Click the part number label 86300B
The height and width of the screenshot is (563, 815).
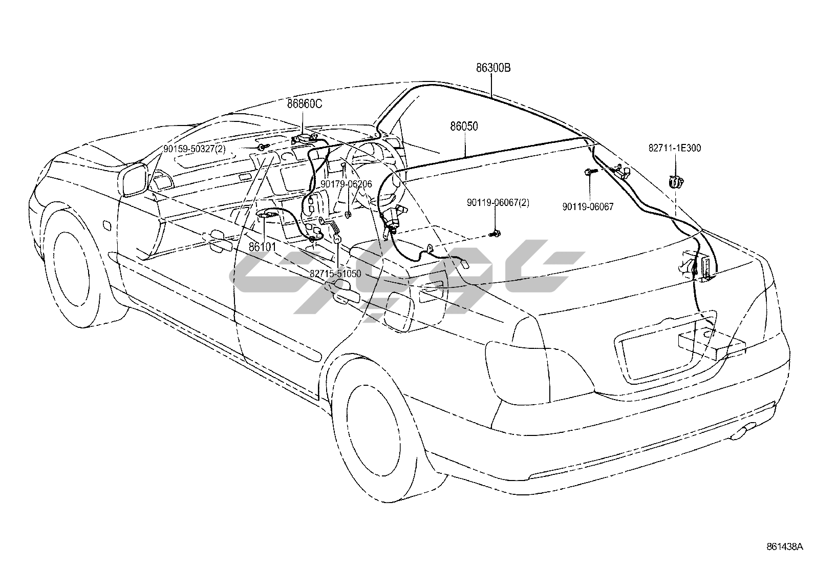tap(493, 68)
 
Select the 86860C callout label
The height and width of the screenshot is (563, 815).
tap(304, 104)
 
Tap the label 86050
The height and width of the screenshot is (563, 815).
tap(464, 126)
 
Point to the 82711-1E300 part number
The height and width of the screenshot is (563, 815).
tap(675, 148)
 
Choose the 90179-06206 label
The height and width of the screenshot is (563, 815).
tap(346, 184)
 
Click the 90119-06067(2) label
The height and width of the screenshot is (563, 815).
tap(498, 203)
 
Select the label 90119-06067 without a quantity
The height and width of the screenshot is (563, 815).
tap(588, 207)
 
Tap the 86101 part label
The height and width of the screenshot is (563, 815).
tap(263, 247)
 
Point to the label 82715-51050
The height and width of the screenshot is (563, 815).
tap(335, 274)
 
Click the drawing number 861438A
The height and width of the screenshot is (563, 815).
tap(785, 546)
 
